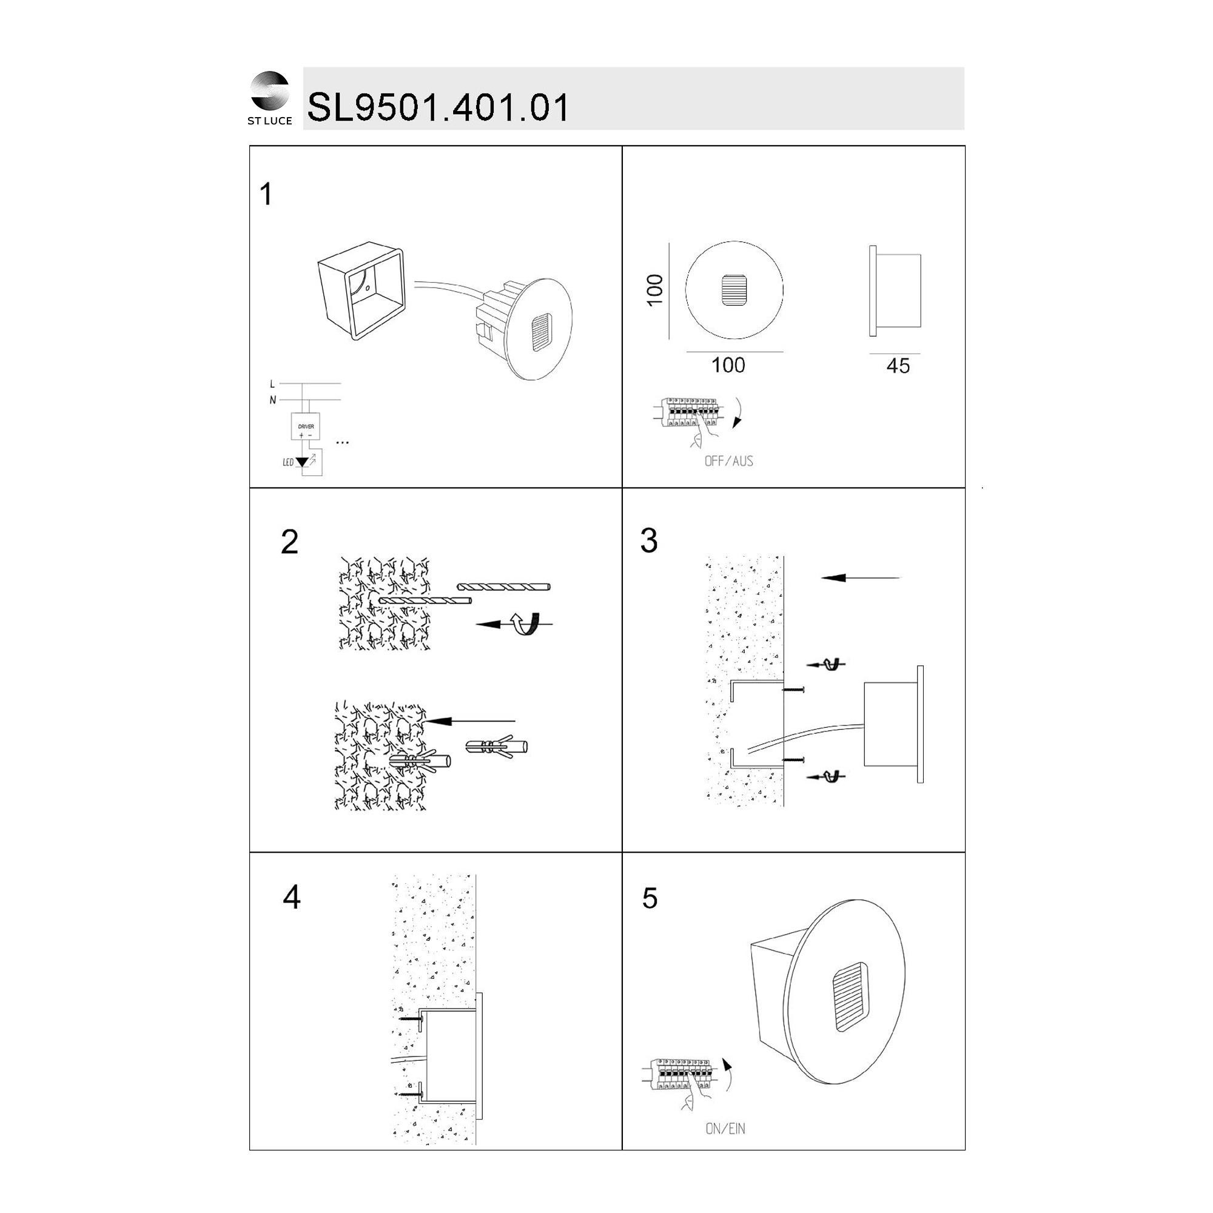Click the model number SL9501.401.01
pyautogui.click(x=438, y=107)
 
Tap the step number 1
pyautogui.click(x=266, y=194)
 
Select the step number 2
pyautogui.click(x=289, y=542)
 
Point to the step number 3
pyautogui.click(x=648, y=540)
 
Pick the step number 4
pyautogui.click(x=291, y=897)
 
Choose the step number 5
pyautogui.click(x=650, y=898)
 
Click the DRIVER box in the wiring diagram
pyautogui.click(x=306, y=427)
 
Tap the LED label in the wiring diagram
pyautogui.click(x=288, y=463)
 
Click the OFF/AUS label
pyautogui.click(x=728, y=462)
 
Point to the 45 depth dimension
pyautogui.click(x=898, y=366)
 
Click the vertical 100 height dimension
pyautogui.click(x=655, y=290)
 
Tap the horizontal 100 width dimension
pyautogui.click(x=728, y=365)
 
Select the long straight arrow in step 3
pyautogui.click(x=861, y=577)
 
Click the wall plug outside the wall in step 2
pyautogui.click(x=497, y=747)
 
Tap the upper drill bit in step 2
pyautogui.click(x=504, y=588)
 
